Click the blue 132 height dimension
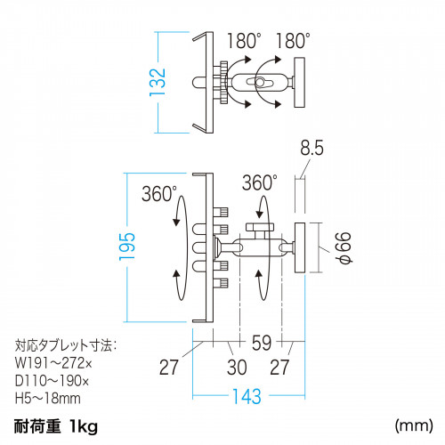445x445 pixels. tap(158, 82)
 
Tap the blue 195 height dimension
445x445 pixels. tap(127, 247)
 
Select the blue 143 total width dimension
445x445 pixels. tap(247, 396)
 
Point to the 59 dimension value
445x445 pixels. tap(262, 343)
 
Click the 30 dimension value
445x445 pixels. tap(237, 368)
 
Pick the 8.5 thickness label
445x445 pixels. tap(311, 148)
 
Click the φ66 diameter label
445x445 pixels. tap(344, 248)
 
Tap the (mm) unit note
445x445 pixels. tap(414, 426)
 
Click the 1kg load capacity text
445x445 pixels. tap(84, 426)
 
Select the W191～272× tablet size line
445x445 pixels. tap(53, 363)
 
